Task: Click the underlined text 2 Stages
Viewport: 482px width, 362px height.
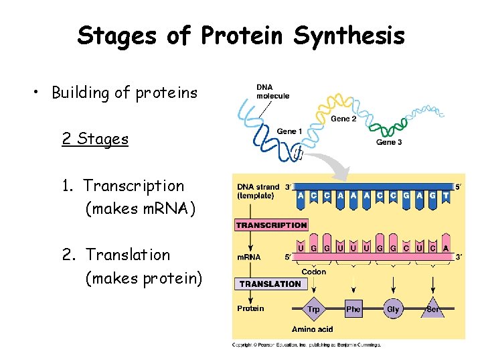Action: pos(94,139)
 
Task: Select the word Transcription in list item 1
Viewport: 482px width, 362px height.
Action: pos(133,186)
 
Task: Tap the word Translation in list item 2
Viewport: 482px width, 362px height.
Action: pos(128,255)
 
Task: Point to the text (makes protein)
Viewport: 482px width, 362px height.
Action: pos(143,278)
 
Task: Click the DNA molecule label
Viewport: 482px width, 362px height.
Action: pos(272,91)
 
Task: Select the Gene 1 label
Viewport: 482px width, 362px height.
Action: pos(289,131)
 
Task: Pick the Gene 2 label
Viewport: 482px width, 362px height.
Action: pos(344,119)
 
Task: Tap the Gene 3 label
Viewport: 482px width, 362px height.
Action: pos(389,142)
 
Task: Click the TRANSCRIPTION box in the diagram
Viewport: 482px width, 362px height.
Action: pos(271,225)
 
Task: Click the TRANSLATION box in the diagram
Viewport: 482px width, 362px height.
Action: pos(270,284)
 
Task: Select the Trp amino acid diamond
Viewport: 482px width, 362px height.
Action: pos(313,309)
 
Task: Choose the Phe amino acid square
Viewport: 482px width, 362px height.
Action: pos(353,309)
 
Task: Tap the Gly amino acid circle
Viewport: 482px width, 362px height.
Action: pos(393,309)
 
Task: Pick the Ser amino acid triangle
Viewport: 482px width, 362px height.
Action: pos(433,310)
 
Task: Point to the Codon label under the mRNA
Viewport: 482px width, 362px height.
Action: pos(314,271)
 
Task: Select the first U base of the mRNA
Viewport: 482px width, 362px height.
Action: pos(301,248)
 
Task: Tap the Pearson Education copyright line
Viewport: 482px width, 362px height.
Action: pos(306,345)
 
